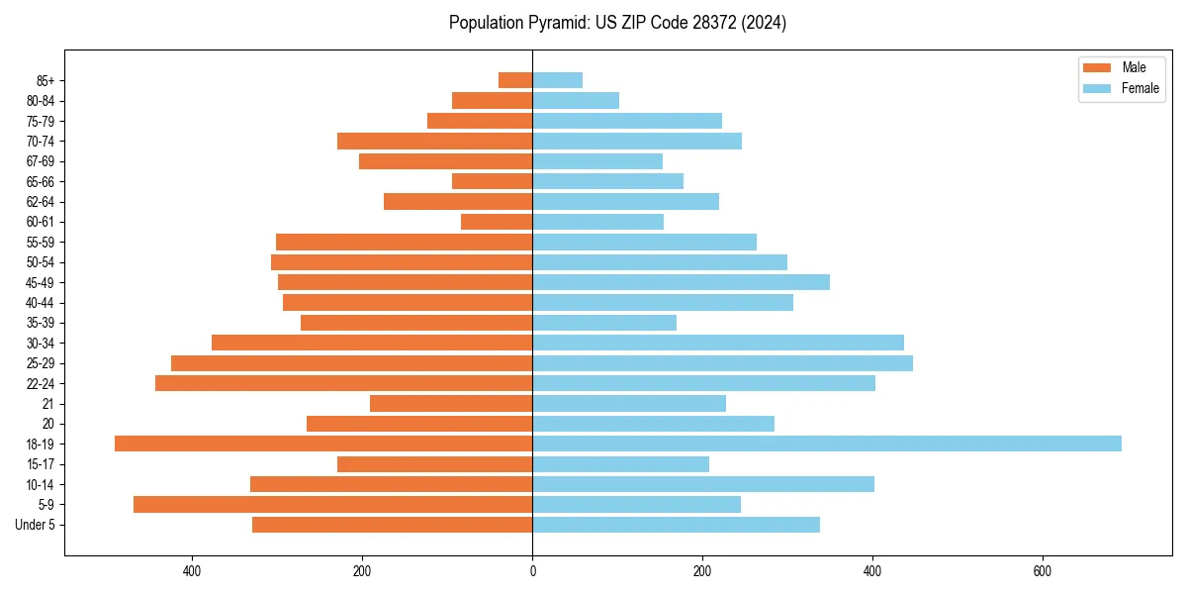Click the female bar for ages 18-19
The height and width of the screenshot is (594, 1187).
[826, 444]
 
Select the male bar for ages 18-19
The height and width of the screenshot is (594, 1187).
[323, 444]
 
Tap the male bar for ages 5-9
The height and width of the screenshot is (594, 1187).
[332, 505]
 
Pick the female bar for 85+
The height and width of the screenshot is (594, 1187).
[557, 80]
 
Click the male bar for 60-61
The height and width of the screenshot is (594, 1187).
[497, 222]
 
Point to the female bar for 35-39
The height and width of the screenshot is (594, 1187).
[604, 323]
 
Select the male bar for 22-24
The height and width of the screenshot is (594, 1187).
[343, 383]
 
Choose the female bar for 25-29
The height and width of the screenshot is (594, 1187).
[722, 363]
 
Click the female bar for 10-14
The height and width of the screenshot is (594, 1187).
[702, 484]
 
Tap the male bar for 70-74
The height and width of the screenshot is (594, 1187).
[434, 141]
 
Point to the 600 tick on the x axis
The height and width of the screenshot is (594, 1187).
[1042, 571]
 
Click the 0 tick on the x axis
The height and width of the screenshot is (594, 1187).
[532, 571]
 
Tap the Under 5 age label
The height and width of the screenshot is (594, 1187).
[36, 525]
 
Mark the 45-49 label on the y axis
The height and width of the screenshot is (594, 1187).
[41, 282]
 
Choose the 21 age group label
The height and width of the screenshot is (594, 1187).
[48, 404]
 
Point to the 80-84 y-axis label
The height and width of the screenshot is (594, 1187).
[41, 101]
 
